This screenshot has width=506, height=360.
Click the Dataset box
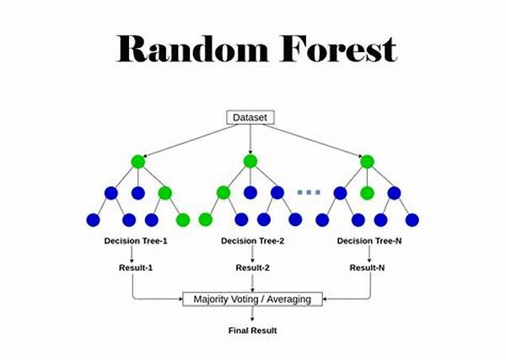[x=250, y=117]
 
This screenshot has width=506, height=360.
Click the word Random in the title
[x=192, y=48]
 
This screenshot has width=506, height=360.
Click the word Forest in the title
[x=338, y=48]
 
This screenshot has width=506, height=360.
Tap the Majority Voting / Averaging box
[x=252, y=299]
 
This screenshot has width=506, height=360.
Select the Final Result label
[x=252, y=330]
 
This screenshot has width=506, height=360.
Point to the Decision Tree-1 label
[x=136, y=241]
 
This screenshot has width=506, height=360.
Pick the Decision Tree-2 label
[x=252, y=241]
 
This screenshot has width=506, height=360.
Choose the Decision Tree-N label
[x=369, y=241]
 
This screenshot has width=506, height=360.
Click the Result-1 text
[x=136, y=268]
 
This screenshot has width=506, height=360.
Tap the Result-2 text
[x=252, y=268]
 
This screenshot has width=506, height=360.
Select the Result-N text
[x=367, y=268]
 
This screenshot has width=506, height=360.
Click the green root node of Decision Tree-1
[x=138, y=162]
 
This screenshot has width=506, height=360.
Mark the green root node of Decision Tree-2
[x=250, y=161]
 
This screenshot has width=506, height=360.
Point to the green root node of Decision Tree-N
[x=367, y=162]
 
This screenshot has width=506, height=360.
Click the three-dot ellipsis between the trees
[x=309, y=192]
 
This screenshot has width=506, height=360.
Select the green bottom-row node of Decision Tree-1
[x=183, y=220]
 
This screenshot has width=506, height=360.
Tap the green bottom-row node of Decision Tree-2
[x=205, y=220]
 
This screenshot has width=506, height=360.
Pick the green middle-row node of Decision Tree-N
[x=367, y=193]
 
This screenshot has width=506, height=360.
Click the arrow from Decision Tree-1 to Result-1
[x=132, y=255]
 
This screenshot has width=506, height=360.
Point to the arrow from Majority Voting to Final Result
[x=252, y=314]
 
